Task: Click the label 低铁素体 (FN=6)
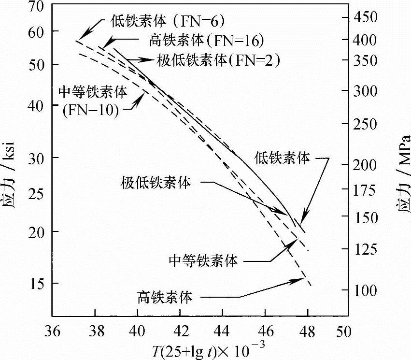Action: pos(167,21)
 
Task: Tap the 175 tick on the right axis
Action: pos(371,190)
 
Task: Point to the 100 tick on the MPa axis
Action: pos(371,291)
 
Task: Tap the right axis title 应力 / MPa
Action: pos(401,169)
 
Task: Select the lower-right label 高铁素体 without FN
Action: pos(165,296)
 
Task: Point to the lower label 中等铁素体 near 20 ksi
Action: pos(203,261)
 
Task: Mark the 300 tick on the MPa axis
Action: pos(371,91)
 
